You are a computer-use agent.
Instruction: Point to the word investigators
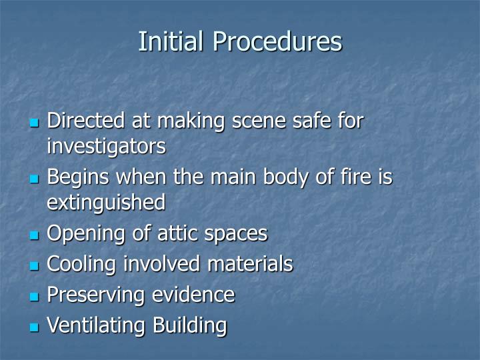tap(106, 146)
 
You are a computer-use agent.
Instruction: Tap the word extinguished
tap(106, 202)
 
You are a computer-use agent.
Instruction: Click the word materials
tap(249, 264)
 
